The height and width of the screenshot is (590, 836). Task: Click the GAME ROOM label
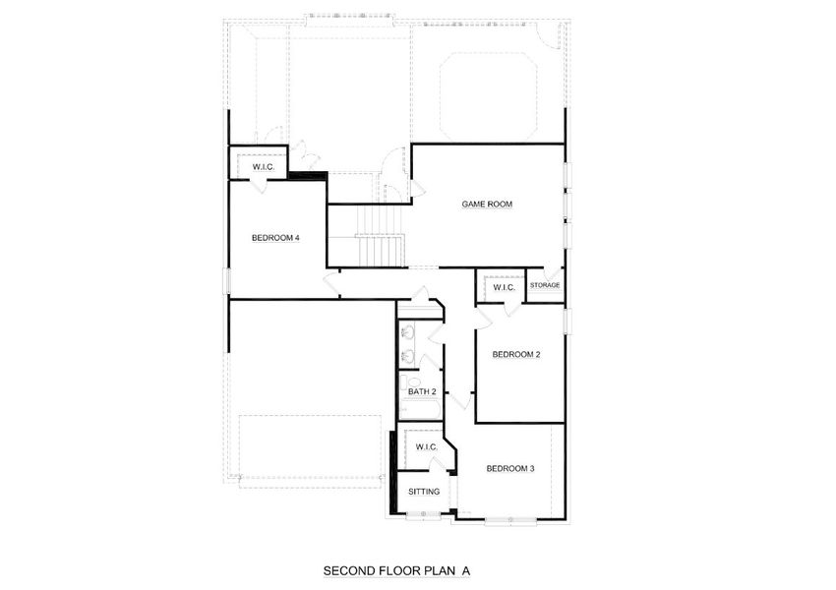coord(488,205)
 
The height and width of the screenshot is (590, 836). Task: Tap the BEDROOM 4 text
coord(274,237)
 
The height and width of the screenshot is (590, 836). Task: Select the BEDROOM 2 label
coord(516,355)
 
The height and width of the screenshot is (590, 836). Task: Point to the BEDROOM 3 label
coord(510,469)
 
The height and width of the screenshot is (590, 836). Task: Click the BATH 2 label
coord(422,392)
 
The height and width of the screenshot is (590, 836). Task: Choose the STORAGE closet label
coord(545,286)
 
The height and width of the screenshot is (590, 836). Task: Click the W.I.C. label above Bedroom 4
coord(263,167)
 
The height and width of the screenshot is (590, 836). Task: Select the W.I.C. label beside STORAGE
coord(505,287)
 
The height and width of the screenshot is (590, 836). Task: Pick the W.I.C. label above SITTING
coord(426,447)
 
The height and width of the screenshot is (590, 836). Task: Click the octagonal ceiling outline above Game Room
coord(489,96)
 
